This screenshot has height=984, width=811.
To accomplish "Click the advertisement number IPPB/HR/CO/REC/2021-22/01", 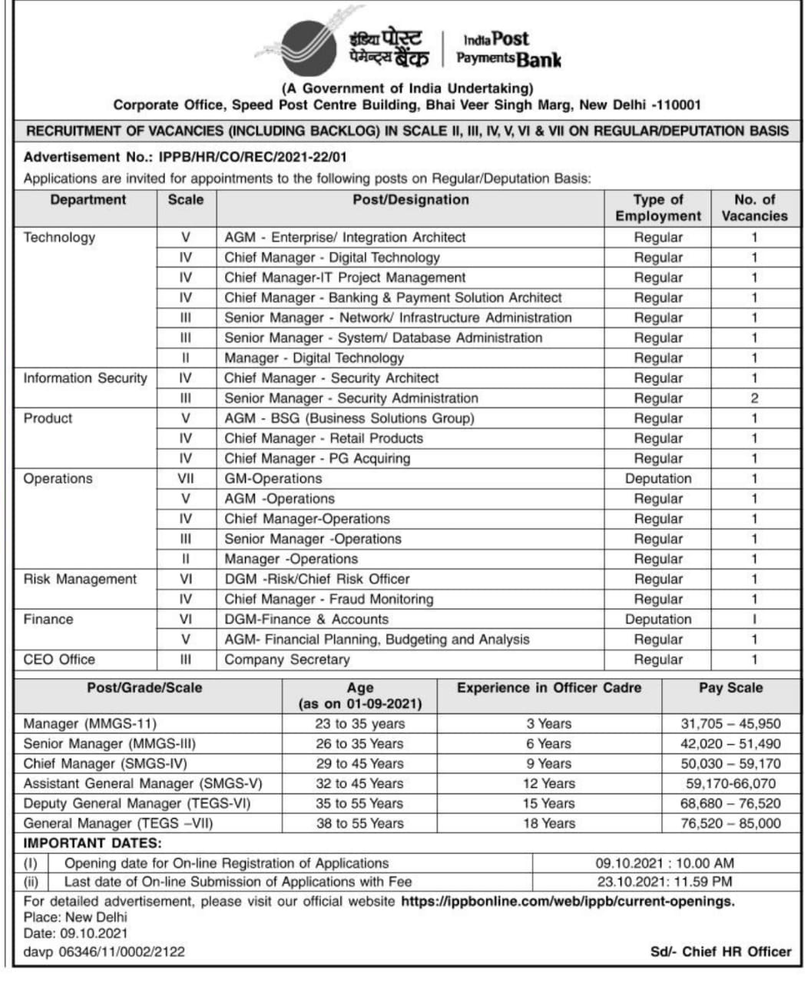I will click(253, 157).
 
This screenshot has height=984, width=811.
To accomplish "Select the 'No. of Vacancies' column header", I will click(754, 208).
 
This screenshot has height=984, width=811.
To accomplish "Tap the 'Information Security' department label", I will click(84, 378).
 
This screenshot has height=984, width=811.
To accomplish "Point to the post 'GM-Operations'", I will click(273, 479).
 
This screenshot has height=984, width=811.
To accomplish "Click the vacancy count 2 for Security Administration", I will click(754, 398).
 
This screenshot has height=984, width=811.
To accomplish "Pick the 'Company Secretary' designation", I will click(286, 660).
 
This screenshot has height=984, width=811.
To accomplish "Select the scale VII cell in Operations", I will click(186, 479).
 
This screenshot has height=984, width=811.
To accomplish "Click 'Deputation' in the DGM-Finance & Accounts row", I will click(658, 620).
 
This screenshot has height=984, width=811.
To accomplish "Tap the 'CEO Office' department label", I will click(59, 660).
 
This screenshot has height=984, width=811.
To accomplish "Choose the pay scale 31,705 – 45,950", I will click(730, 724).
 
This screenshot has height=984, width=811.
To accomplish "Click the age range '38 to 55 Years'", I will click(359, 824).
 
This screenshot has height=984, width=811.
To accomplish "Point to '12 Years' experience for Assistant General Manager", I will click(548, 784).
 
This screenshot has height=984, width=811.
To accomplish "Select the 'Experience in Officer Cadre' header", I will click(548, 688).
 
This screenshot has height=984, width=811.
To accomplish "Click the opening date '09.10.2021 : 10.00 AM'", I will click(664, 863).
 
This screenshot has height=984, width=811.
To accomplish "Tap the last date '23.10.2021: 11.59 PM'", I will click(664, 883).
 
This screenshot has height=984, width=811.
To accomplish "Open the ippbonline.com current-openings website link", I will click(568, 901).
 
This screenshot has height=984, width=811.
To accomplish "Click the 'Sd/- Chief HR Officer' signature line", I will click(720, 952).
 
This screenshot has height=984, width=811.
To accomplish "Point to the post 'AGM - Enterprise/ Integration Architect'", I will click(345, 238).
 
